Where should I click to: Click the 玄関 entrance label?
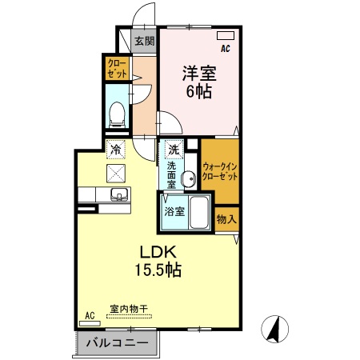point(144,42)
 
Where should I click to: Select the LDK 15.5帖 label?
point(158,261)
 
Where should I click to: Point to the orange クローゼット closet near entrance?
point(118,67)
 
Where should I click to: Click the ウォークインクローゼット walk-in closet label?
point(219,170)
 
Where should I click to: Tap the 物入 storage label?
point(226,218)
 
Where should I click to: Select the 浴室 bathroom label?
point(174,212)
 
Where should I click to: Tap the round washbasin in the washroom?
point(189,178)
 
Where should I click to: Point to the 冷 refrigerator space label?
point(117,150)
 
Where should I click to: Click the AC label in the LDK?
point(90,316)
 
